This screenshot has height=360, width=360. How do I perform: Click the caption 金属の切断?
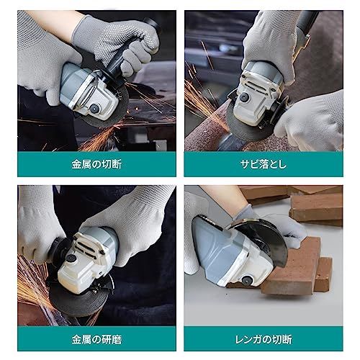coord(96,164)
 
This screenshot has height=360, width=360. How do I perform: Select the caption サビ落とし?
coord(263,164)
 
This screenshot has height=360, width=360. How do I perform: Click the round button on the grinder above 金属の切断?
coord(94,108)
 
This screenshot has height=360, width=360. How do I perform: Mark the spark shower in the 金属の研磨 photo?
coord(32,284)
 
